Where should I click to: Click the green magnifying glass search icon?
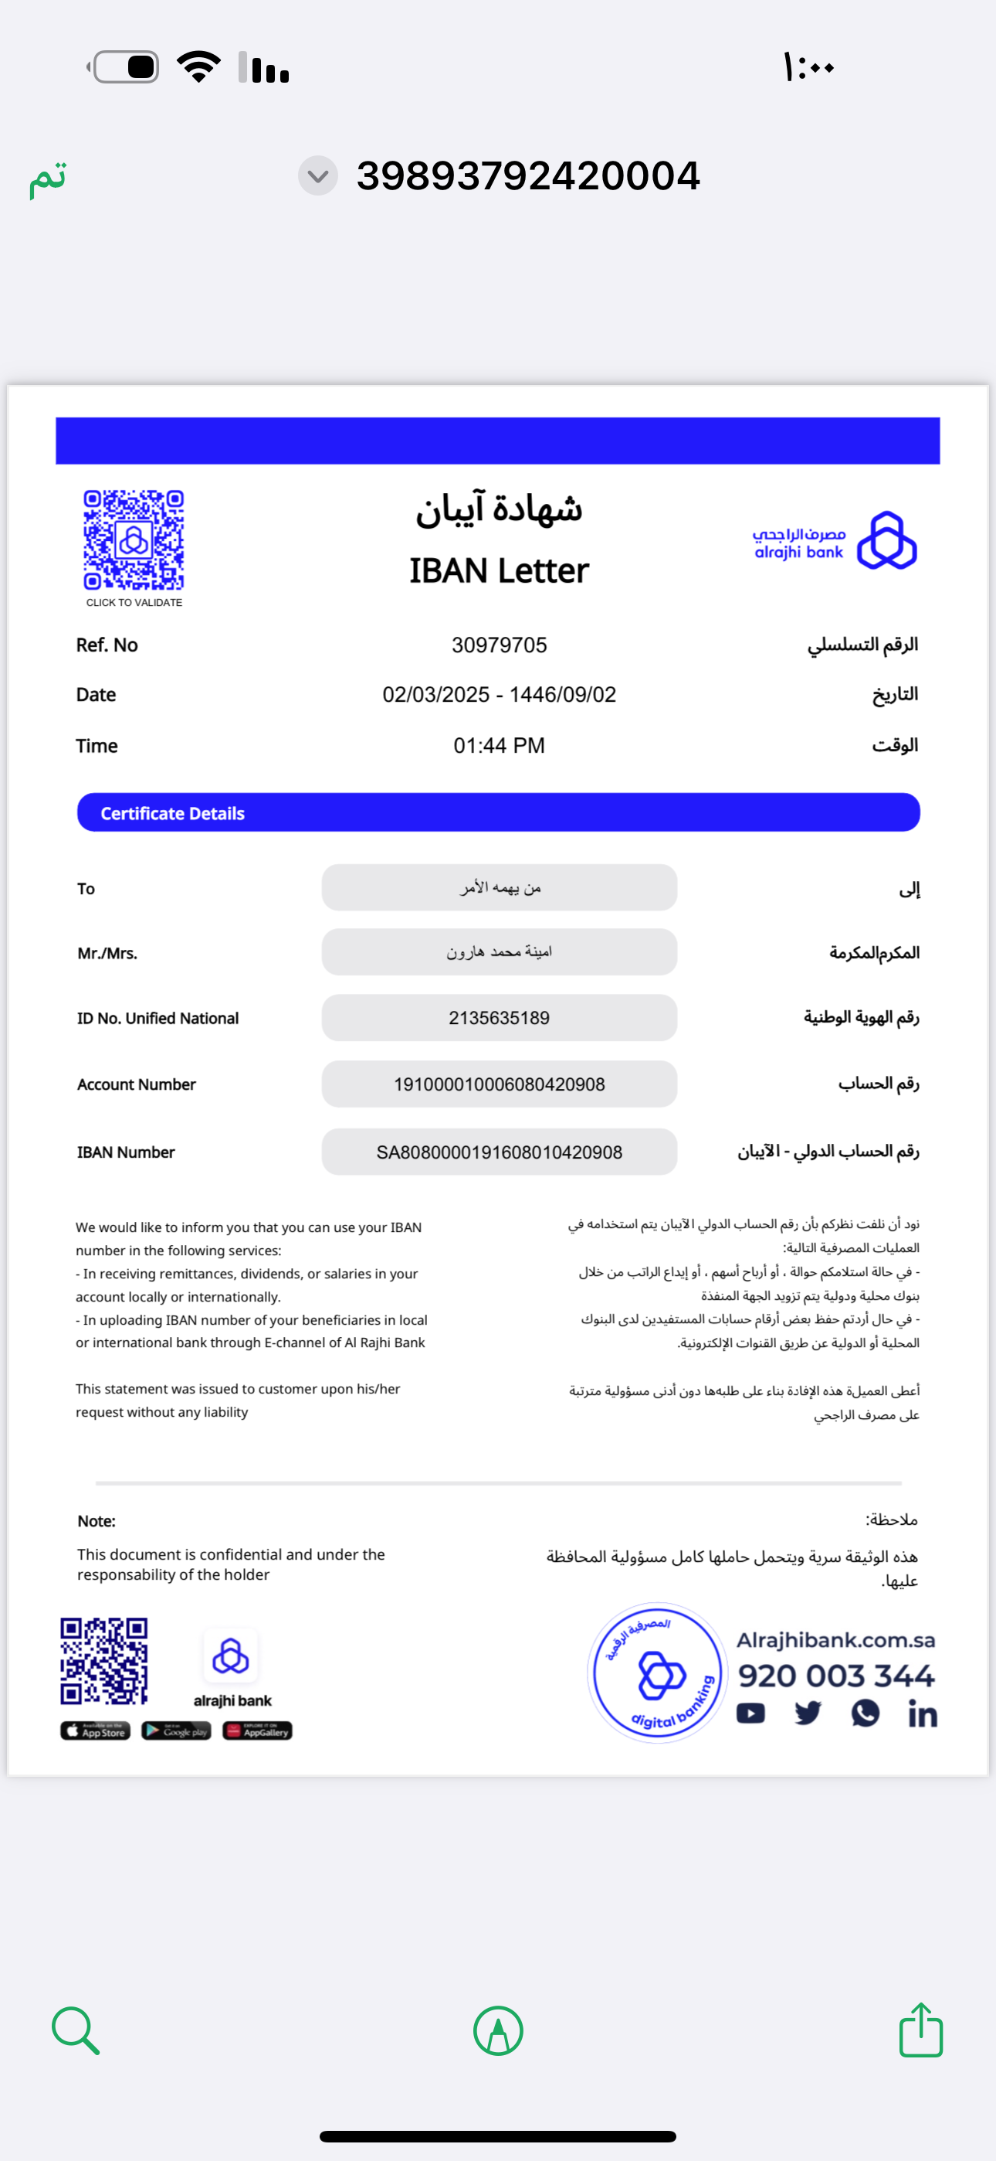click(x=76, y=2030)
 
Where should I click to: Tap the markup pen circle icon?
click(x=498, y=2030)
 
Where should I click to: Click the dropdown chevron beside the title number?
click(x=318, y=176)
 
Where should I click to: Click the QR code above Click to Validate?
click(x=134, y=540)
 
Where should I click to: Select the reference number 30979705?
click(x=499, y=645)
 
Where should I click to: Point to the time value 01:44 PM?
click(x=499, y=746)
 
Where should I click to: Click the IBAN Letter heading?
click(x=499, y=571)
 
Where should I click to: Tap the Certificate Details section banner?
click(x=498, y=813)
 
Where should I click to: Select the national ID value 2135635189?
click(x=499, y=1018)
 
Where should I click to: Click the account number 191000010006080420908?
click(x=499, y=1084)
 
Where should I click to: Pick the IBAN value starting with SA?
click(x=499, y=1152)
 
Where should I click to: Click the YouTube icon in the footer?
click(x=750, y=1713)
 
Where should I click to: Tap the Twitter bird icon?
click(x=808, y=1713)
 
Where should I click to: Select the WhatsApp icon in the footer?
click(x=866, y=1713)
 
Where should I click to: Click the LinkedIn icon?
click(x=922, y=1713)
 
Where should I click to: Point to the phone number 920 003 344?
click(x=836, y=1676)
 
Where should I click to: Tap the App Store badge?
click(x=96, y=1731)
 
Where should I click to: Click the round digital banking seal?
click(x=657, y=1672)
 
